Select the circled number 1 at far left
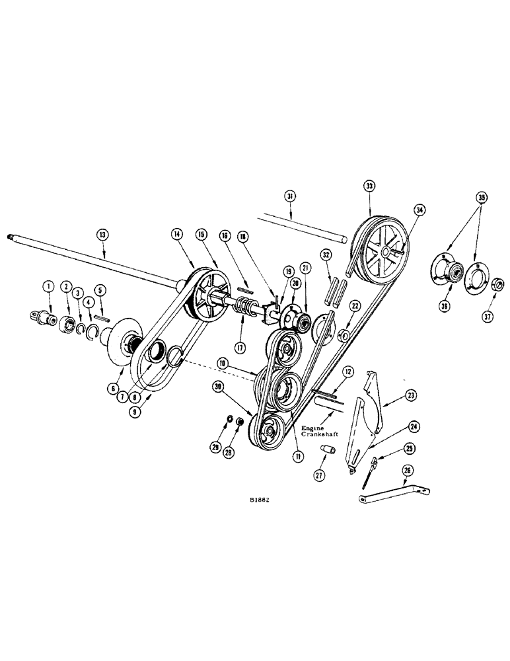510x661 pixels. pyautogui.click(x=48, y=286)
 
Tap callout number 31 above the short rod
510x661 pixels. pyautogui.click(x=290, y=196)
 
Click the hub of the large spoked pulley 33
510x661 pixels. pyautogui.click(x=383, y=253)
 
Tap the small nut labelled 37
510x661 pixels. pyautogui.click(x=499, y=286)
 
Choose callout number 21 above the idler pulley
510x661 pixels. pyautogui.click(x=305, y=267)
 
